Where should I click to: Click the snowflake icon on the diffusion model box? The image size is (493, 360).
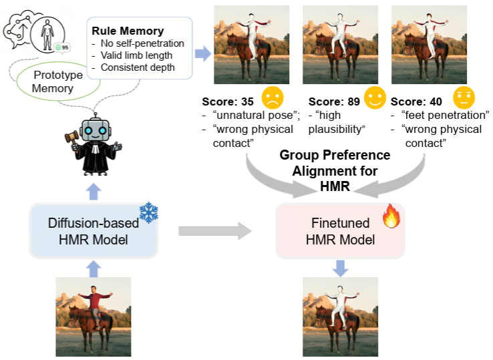pos(148,212)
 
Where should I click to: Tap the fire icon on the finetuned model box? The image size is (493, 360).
pos(391,216)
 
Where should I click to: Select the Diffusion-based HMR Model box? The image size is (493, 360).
pos(93,231)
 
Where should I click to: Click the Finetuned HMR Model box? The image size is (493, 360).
pos(340,231)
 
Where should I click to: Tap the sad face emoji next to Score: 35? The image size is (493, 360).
pos(272,98)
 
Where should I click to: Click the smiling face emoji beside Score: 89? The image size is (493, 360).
pos(375,98)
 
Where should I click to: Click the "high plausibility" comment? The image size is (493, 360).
pos(341,122)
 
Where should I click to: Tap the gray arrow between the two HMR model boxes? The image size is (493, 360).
pos(214,232)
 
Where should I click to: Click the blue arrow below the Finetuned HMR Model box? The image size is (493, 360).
pos(340,267)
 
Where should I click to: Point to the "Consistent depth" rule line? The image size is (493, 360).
pos(138,67)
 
